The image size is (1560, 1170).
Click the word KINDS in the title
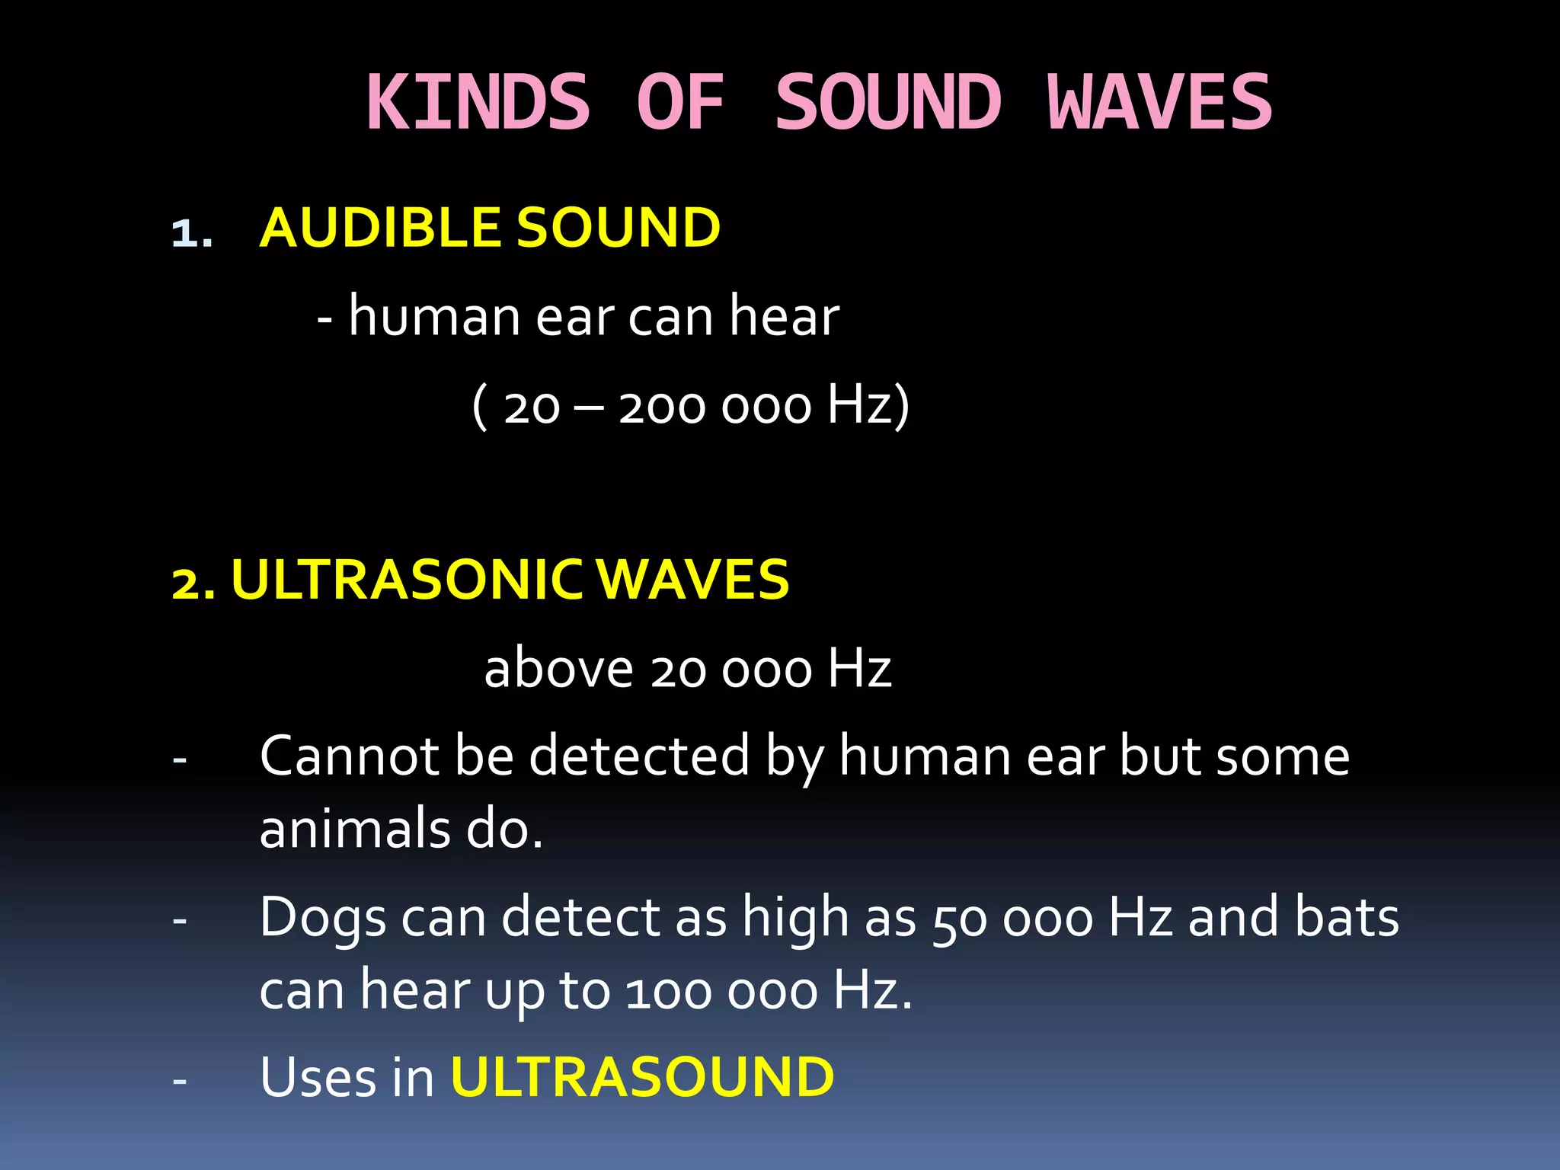478,103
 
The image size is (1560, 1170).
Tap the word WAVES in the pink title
1159,103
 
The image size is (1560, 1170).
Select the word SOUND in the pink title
888,103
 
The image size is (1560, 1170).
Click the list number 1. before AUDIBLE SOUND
191,233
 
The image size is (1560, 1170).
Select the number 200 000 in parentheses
715,407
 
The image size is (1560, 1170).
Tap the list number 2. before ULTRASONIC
193,583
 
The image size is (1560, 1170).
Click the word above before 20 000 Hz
558,669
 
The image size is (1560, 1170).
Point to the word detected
639,756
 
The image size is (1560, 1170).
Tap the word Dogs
323,919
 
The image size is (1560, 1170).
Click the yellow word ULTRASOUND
643,1077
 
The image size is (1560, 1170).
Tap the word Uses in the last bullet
318,1077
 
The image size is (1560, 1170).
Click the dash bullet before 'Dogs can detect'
180,921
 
